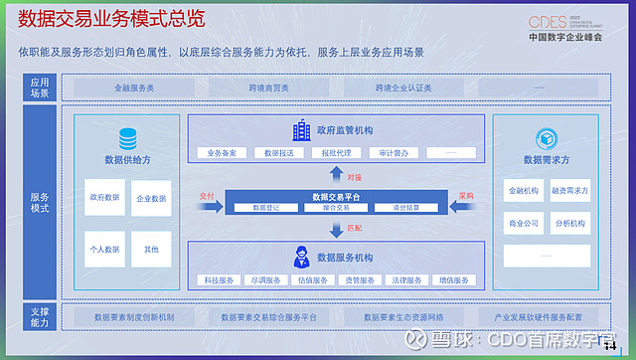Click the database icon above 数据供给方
pos(128,139)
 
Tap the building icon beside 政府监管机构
pos(300,129)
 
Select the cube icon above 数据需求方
pos(546,138)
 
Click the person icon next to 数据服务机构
pos(300,259)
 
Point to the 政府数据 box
pos(103,198)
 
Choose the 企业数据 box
pos(151,198)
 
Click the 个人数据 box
pos(103,249)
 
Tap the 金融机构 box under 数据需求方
pos(523,190)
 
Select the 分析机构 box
pos(569,224)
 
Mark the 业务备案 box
pos(223,153)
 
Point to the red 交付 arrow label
pos(207,195)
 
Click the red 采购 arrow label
pos(465,195)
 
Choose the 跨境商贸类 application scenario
pos(268,88)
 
